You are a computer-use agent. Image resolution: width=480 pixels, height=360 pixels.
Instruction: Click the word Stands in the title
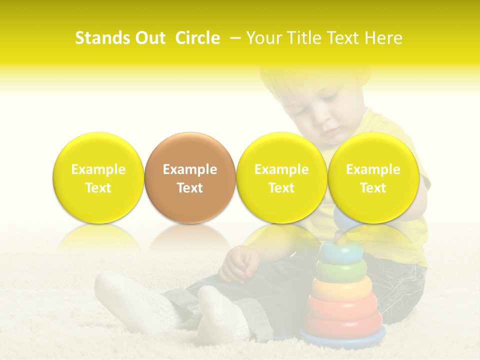coord(101,38)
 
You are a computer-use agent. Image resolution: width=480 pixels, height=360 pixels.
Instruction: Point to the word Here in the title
coord(383,38)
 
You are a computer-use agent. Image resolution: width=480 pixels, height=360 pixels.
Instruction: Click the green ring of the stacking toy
coord(341,271)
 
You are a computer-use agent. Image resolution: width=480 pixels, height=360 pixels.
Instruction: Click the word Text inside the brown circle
coord(189,188)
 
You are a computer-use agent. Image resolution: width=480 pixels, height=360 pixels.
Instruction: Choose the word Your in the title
coord(262,38)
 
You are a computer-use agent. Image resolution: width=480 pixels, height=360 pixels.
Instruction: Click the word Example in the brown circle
coord(189,169)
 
